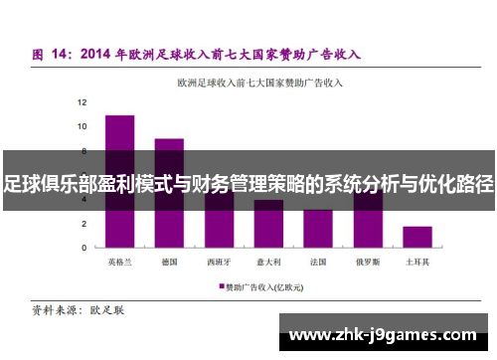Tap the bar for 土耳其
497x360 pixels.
pos(417,237)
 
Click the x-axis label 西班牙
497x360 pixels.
pos(219,262)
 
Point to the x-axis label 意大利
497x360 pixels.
pos(268,262)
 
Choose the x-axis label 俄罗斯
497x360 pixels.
pos(368,262)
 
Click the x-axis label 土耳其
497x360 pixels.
pos(417,262)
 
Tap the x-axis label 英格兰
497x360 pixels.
pos(119,262)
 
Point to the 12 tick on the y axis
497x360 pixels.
pos(82,102)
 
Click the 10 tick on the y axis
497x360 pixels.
pos(82,126)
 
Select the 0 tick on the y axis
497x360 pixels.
pos(83,247)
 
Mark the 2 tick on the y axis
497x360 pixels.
pos(83,223)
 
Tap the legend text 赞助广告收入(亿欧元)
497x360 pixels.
pos(266,286)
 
